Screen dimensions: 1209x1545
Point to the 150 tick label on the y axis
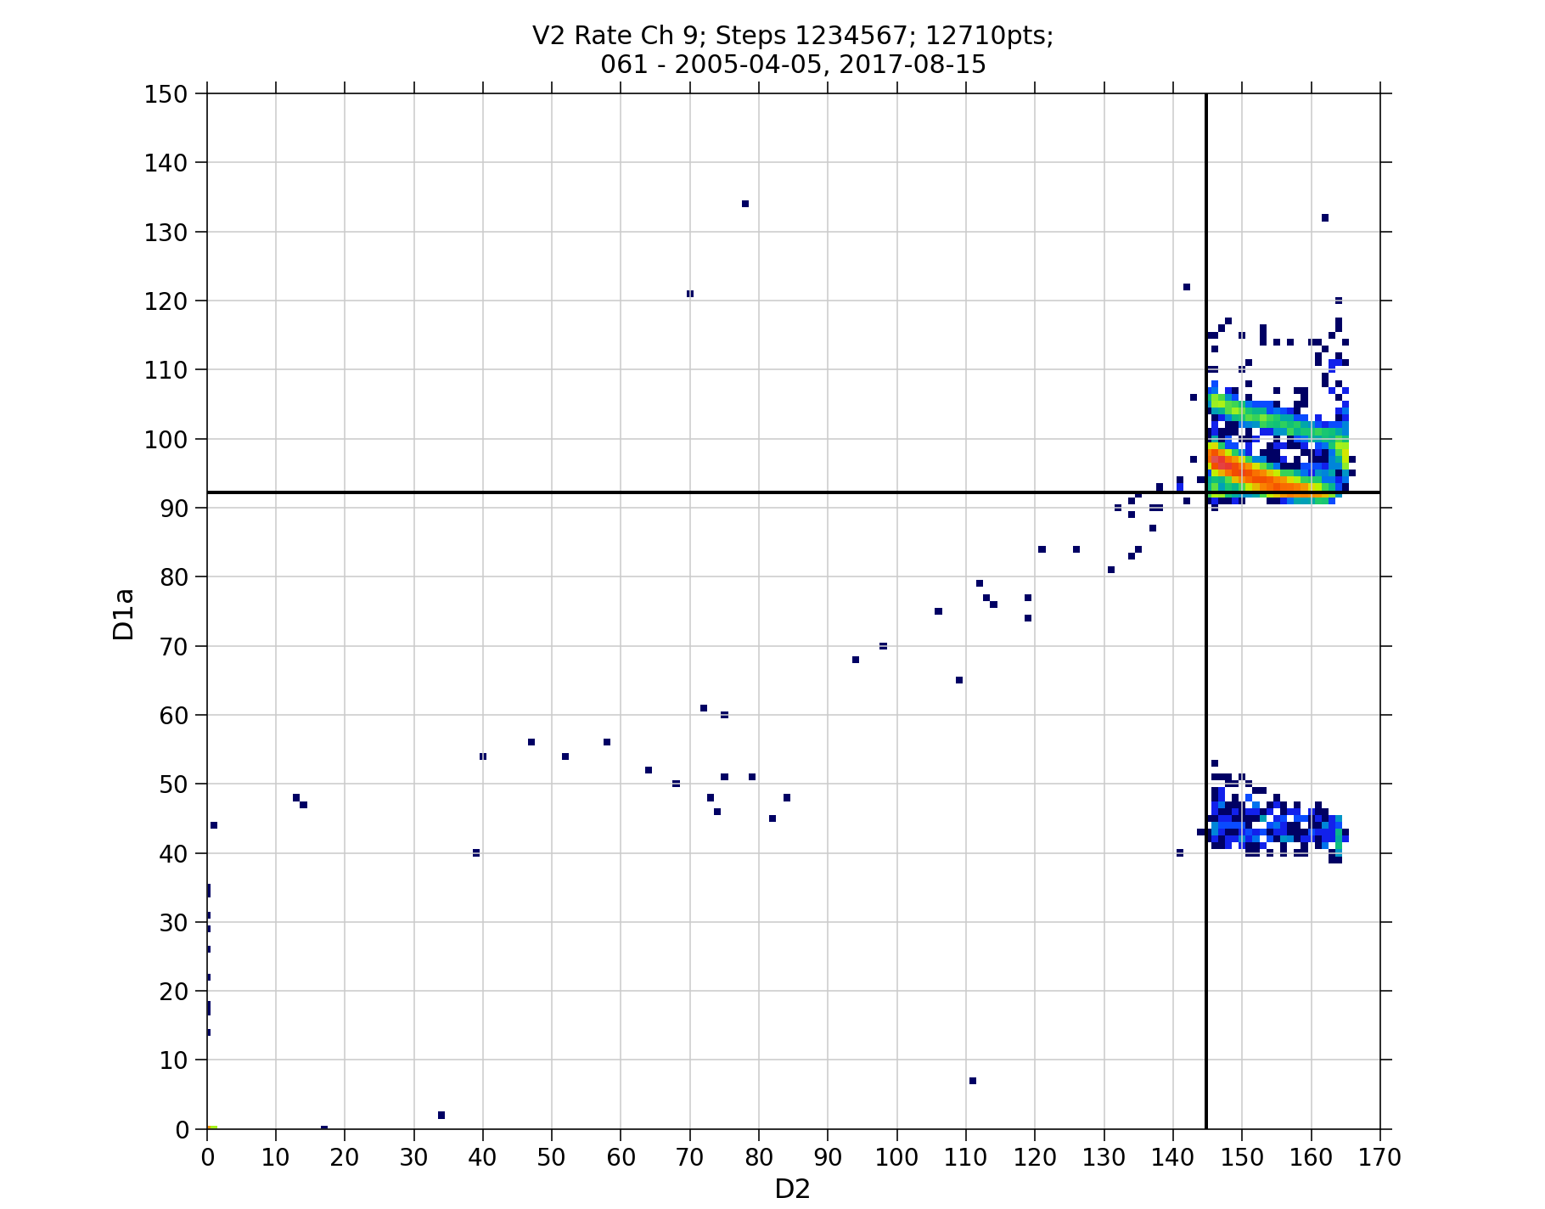(166, 93)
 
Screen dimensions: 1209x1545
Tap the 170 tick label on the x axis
(1379, 1157)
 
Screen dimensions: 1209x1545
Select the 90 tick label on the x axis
(828, 1157)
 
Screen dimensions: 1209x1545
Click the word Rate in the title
(598, 36)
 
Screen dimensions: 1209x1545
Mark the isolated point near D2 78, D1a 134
(745, 204)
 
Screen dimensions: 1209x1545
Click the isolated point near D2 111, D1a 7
(973, 1081)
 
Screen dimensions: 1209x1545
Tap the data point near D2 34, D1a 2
(441, 1115)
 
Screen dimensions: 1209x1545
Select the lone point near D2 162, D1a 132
(1325, 218)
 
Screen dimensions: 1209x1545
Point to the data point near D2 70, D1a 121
(690, 294)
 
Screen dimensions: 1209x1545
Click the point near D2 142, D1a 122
(1187, 287)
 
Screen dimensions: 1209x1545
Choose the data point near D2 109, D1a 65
(959, 680)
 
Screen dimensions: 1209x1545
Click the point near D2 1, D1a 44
(214, 825)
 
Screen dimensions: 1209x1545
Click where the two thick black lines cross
(1206, 492)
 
